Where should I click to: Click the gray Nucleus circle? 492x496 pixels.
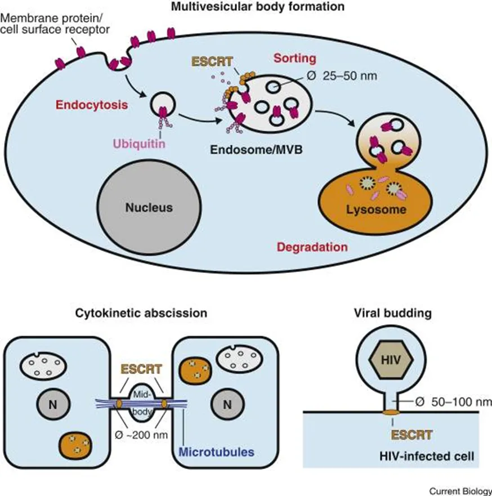pos(149,207)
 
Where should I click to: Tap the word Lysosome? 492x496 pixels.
pos(376,209)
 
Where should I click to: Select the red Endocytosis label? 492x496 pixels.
pos(92,105)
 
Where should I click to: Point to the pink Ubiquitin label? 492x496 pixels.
pos(139,144)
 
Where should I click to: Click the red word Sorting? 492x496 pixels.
pos(295,58)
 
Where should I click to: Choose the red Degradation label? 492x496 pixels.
pos(312,247)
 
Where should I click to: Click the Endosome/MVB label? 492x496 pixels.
pos(256,149)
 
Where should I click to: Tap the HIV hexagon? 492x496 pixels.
pos(391,360)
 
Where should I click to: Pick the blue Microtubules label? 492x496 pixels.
pos(216,452)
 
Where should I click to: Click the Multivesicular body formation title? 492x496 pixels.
pos(258,6)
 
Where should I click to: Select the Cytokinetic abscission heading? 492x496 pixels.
pos(141,313)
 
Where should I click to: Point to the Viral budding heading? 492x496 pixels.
pos(393,313)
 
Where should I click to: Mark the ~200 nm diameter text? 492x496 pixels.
pos(141,435)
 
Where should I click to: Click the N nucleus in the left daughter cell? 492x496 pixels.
pos(53,404)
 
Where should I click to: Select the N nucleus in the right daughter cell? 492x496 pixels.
pos(227,404)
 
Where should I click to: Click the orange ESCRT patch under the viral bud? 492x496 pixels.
pos(391,412)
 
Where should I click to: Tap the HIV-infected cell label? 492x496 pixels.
pos(427,456)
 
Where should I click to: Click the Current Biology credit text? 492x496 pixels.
pos(460,491)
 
